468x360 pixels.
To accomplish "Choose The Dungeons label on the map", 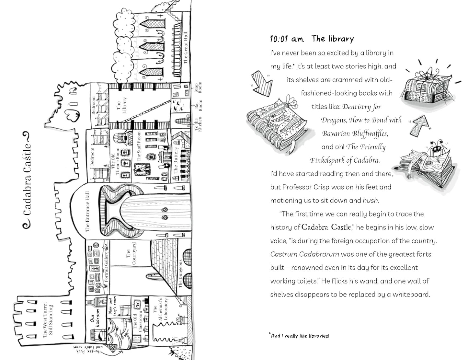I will coord(180,273).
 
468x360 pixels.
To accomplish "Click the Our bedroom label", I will coord(95,318).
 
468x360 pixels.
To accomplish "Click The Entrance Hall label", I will coord(87,211).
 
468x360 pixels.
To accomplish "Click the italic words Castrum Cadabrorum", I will coord(304,254).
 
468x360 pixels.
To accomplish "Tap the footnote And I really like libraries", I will coord(300,336).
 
